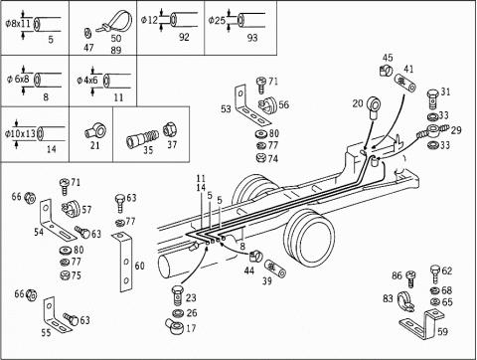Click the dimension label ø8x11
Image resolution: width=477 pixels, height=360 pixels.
pos(18,24)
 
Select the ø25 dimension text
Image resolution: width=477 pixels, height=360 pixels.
pos(217,21)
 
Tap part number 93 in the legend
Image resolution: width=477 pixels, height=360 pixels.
pos(252,38)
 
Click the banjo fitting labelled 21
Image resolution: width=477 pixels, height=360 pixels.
pos(95,130)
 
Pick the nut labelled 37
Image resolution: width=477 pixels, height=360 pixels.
pos(170,129)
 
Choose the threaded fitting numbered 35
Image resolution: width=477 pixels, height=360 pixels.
pos(142,138)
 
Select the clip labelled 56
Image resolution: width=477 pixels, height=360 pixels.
pos(268,104)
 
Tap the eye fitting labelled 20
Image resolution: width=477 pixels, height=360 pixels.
pos(374,108)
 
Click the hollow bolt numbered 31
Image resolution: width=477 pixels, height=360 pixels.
pos(433,98)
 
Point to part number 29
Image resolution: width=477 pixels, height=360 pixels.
pos(456,130)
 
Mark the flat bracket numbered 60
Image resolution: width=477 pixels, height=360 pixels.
pos(126,262)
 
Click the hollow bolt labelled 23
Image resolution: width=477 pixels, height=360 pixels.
pos(178,294)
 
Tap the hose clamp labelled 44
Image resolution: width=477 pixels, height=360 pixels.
pos(255,257)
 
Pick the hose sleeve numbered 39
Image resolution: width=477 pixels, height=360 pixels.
pos(275,269)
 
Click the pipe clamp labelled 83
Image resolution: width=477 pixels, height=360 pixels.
pos(405,301)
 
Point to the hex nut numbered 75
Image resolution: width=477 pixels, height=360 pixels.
pos(65,274)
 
